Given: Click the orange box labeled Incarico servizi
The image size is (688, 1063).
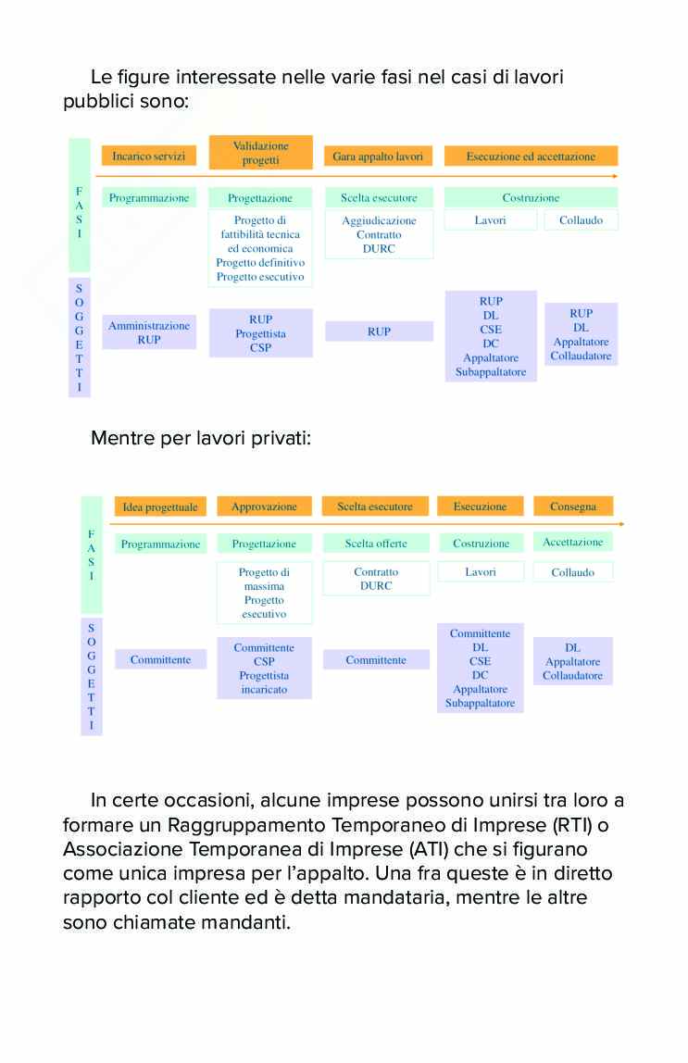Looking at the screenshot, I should [x=148, y=156].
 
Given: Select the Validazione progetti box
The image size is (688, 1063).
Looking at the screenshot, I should [x=260, y=153].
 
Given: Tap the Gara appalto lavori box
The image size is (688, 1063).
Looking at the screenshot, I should [x=378, y=156].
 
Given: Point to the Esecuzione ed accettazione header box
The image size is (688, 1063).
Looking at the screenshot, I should [x=531, y=156].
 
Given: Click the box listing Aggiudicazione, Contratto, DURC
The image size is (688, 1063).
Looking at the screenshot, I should [x=379, y=234].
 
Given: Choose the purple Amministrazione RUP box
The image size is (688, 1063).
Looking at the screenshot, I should [x=149, y=332].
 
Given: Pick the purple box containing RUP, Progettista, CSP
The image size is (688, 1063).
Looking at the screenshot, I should [x=260, y=333].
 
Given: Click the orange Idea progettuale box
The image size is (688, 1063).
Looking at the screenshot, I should [x=160, y=506].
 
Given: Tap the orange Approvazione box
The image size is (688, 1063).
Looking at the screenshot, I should [x=264, y=506].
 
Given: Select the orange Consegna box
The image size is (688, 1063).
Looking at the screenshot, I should [x=573, y=506].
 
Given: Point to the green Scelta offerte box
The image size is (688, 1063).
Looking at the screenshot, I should [x=376, y=544].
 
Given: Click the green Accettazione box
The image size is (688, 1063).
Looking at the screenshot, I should [x=573, y=543].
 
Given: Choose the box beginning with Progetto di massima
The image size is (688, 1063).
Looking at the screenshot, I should [x=264, y=593].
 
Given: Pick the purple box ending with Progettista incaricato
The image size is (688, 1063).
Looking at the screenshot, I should [x=264, y=668].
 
